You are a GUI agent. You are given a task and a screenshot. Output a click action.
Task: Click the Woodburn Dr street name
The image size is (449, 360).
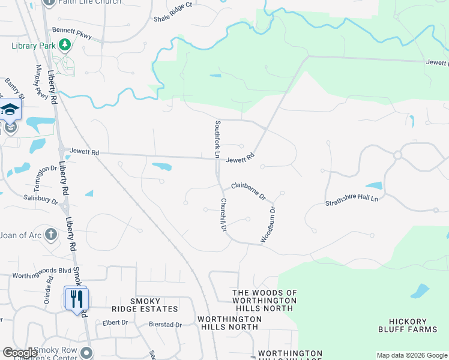pos(268,225)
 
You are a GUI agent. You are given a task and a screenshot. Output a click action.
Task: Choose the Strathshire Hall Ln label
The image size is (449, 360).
pos(352,200)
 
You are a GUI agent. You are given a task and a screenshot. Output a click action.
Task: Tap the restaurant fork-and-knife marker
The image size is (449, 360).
pos(76,298)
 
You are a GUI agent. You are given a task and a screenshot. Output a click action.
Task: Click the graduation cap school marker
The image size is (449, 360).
pos(10,110)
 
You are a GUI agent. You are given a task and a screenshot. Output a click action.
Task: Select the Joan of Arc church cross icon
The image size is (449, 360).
pos(51,235)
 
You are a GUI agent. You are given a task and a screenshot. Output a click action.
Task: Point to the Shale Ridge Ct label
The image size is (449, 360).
pos(172,5)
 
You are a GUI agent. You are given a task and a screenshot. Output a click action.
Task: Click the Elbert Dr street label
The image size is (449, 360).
pos(115,322)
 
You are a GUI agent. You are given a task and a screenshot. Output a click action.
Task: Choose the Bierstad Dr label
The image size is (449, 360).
pos(165,325)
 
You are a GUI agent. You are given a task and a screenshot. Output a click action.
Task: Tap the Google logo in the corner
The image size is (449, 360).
pos(20,353)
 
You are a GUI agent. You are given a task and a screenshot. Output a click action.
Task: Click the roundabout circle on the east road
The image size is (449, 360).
pos(397,155)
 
